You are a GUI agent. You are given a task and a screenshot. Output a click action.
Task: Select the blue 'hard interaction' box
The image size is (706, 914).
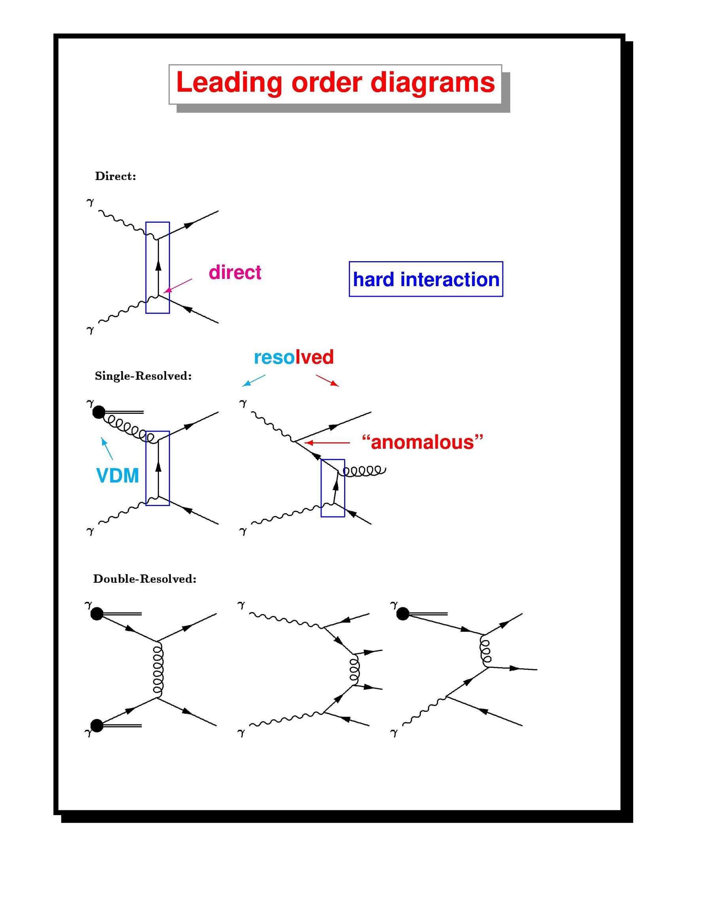(426, 279)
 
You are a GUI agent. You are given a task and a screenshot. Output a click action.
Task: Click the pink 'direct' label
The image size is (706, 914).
(235, 273)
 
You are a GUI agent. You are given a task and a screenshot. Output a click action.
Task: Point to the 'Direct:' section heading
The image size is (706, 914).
(115, 176)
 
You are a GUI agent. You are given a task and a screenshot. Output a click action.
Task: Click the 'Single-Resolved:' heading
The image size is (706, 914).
(143, 376)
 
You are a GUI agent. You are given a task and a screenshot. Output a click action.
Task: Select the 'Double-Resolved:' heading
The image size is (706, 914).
(145, 579)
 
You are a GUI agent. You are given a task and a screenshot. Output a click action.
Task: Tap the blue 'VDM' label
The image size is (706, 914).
(117, 476)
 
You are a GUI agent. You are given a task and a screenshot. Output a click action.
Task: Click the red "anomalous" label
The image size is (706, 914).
(422, 442)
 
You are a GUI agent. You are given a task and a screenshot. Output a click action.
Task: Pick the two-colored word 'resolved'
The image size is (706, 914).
(293, 357)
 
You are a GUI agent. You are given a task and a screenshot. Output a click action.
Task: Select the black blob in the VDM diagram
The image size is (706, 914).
(98, 413)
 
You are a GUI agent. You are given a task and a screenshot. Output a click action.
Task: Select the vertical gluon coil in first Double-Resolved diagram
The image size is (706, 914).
(158, 669)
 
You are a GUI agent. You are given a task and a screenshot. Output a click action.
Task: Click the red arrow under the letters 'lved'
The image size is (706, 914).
(327, 380)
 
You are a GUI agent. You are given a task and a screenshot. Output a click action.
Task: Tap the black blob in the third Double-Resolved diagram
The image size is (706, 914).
(403, 614)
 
